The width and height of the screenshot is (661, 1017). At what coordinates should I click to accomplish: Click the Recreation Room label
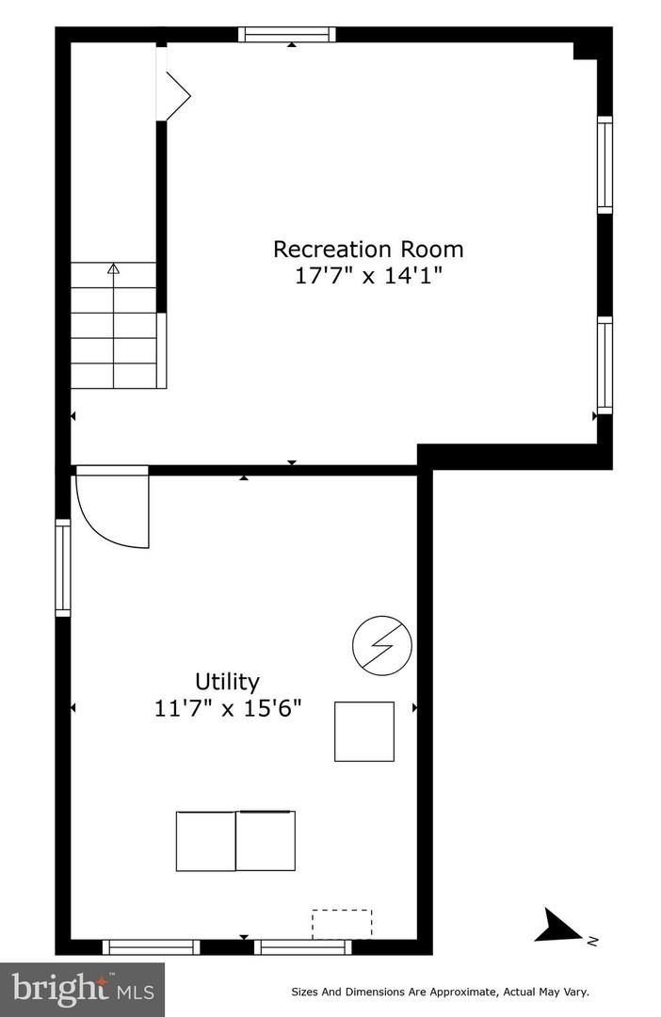(368, 250)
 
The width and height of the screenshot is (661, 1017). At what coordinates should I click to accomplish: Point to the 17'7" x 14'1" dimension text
(368, 276)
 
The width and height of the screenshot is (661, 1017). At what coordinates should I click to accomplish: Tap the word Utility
(227, 681)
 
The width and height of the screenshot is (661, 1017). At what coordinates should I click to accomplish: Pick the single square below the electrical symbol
(364, 731)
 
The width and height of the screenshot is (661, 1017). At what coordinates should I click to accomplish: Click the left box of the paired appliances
(205, 841)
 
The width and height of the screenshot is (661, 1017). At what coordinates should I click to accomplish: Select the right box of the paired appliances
(266, 841)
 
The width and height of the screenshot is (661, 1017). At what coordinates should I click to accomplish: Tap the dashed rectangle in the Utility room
(342, 924)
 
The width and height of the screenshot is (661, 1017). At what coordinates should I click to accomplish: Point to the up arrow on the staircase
(114, 269)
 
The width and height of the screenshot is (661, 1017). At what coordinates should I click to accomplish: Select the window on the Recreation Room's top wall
(287, 35)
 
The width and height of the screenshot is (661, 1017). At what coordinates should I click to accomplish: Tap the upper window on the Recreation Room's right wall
(605, 165)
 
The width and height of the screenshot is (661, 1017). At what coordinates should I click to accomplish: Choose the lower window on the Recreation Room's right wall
(605, 365)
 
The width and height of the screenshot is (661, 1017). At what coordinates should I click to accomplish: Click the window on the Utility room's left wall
(63, 568)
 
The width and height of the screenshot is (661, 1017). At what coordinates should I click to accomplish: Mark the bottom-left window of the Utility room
(151, 947)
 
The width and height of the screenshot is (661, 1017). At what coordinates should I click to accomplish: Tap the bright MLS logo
(82, 989)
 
